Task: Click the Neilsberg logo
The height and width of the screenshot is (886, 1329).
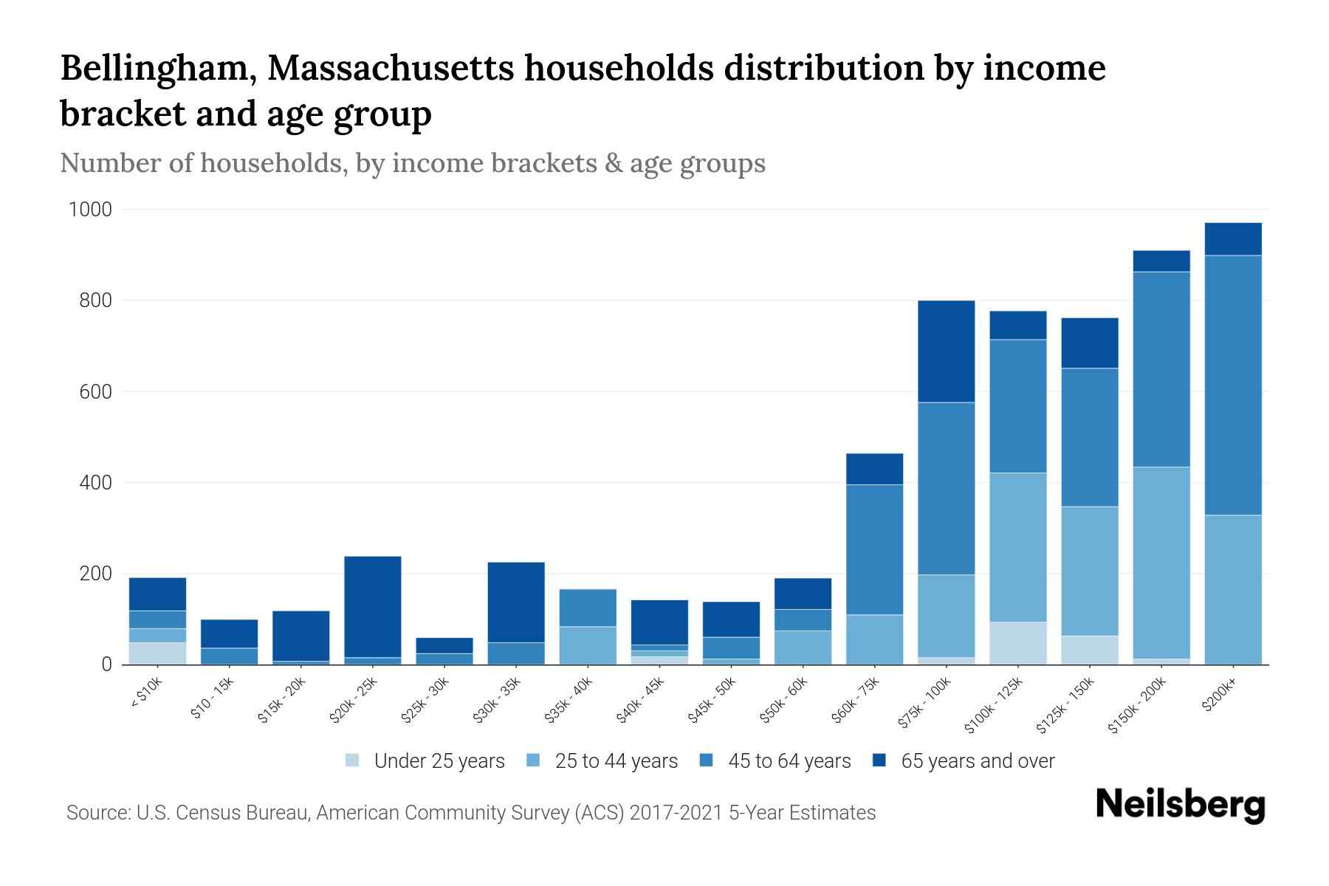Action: pyautogui.click(x=1180, y=805)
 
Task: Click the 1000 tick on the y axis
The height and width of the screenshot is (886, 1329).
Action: pyautogui.click(x=90, y=210)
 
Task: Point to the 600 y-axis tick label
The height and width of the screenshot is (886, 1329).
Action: pyautogui.click(x=96, y=392)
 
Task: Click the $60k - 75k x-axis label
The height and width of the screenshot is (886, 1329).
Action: pyautogui.click(x=855, y=701)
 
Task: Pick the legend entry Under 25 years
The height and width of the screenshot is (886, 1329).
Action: pyautogui.click(x=439, y=761)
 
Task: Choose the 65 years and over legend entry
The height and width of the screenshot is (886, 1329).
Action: pyautogui.click(x=977, y=761)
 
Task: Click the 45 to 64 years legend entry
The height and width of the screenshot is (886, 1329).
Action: pyautogui.click(x=789, y=761)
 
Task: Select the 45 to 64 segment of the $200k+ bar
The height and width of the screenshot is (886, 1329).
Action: pyautogui.click(x=1233, y=385)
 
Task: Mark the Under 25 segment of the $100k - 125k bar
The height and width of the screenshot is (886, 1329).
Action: pyautogui.click(x=1018, y=643)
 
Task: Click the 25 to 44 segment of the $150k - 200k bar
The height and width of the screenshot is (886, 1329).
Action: pyautogui.click(x=1161, y=562)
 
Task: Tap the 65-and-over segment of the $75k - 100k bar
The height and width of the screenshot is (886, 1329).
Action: pyautogui.click(x=947, y=351)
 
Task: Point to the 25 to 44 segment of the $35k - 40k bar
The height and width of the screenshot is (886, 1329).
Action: pyautogui.click(x=588, y=645)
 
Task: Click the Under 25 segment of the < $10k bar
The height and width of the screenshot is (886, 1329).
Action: pyautogui.click(x=157, y=653)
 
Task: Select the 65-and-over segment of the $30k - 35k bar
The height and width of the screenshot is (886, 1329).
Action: pyautogui.click(x=516, y=602)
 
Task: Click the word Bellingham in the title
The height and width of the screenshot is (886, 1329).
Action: pyautogui.click(x=157, y=68)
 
